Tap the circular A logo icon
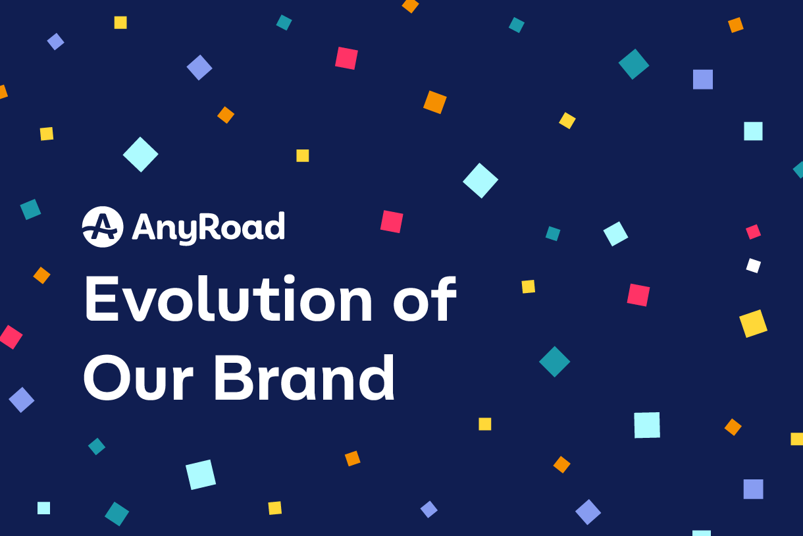pyautogui.click(x=103, y=227)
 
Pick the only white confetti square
pyautogui.click(x=753, y=265)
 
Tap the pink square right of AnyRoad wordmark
pyautogui.click(x=392, y=221)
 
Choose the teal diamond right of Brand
pyautogui.click(x=554, y=362)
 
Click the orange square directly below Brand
pyautogui.click(x=352, y=458)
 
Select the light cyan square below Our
pyautogui.click(x=201, y=474)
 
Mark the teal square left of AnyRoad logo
pyautogui.click(x=30, y=209)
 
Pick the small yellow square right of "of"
pyautogui.click(x=528, y=286)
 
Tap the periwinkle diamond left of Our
pyautogui.click(x=21, y=400)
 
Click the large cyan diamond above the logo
pyautogui.click(x=140, y=155)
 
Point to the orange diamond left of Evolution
pyautogui.click(x=41, y=275)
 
